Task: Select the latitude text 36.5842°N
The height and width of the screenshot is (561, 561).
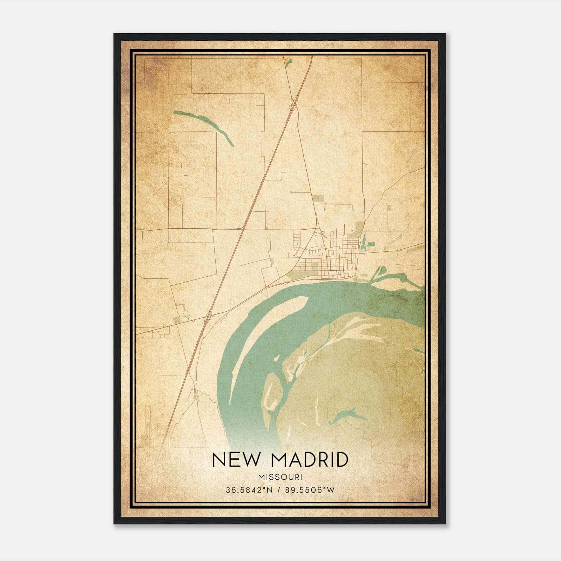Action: click(x=249, y=490)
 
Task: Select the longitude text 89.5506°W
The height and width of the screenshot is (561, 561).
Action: click(x=310, y=490)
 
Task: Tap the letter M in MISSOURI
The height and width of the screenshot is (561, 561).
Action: click(x=260, y=477)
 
